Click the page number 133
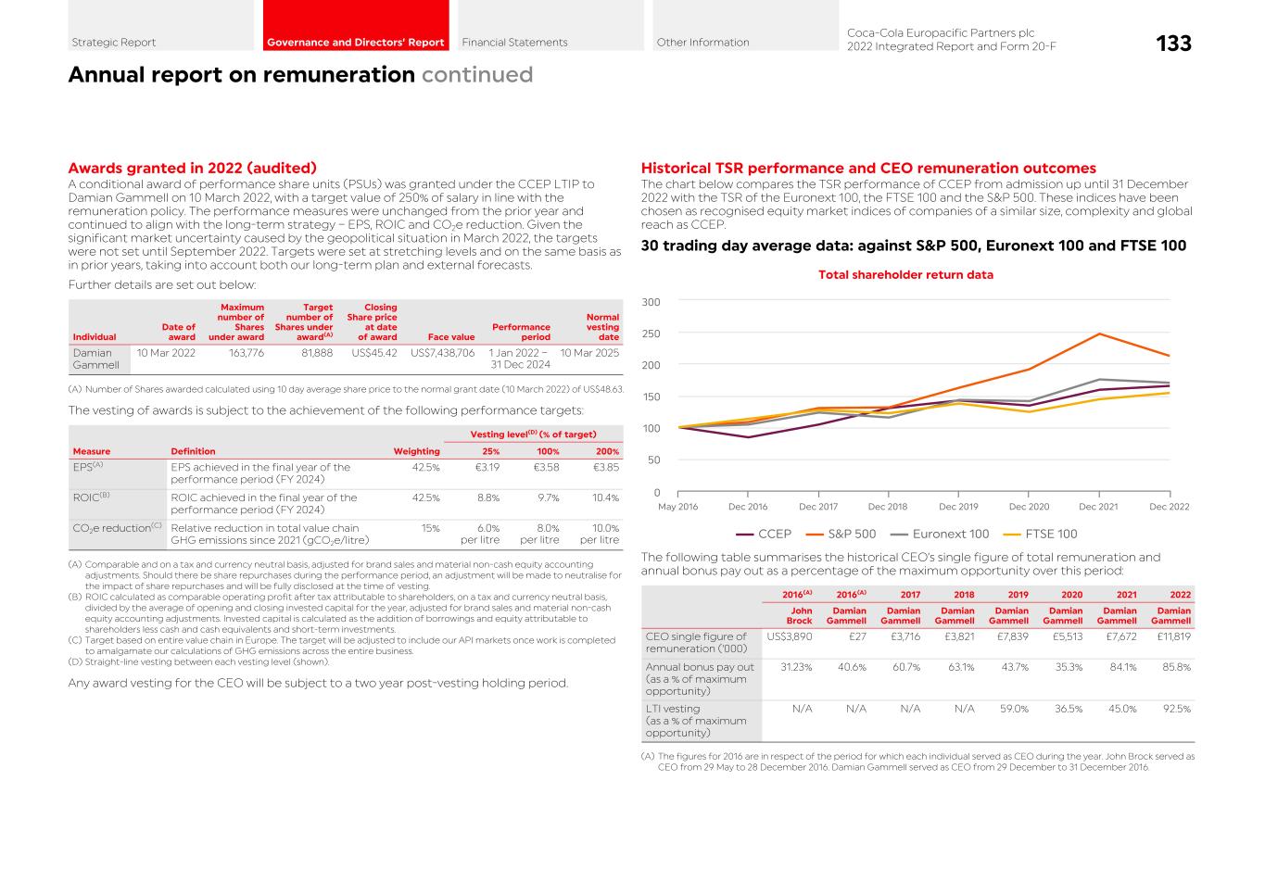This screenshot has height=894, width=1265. pos(1173,43)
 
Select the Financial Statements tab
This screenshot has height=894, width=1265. pos(514,43)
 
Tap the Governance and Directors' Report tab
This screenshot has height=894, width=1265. pos(355,43)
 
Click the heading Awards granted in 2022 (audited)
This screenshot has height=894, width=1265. pos(193,168)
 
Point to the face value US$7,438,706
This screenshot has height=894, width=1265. pos(442,353)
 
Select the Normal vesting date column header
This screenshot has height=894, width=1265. pos(602,327)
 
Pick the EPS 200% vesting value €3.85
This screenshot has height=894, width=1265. pos(607,468)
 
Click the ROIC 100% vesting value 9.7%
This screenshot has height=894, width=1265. pos(547,497)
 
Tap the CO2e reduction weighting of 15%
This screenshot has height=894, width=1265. pos(430,528)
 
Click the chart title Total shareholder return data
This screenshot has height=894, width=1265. pos(905,275)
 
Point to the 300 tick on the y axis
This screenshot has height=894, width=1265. pos(651,302)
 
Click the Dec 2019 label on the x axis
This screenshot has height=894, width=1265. pos(958,507)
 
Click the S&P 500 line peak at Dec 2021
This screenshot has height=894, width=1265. pos(1099,334)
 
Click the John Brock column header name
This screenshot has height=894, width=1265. pos(799,616)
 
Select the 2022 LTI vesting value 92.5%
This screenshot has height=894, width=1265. pos(1174,709)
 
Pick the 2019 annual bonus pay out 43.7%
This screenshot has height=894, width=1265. pos(1012,667)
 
